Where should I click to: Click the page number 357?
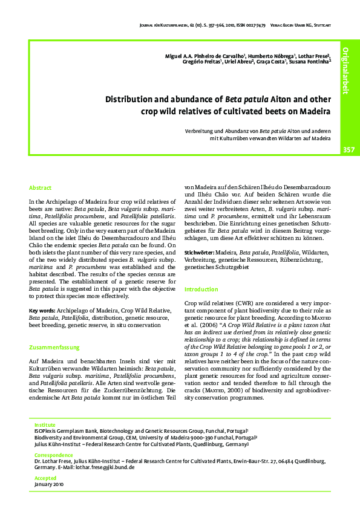(349, 149)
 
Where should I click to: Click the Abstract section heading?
(41, 188)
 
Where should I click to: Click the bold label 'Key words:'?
(41, 311)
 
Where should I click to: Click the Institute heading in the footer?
(45, 425)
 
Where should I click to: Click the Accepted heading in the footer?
(45, 477)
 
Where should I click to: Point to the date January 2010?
(49, 484)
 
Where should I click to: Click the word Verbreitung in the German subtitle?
(201, 131)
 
